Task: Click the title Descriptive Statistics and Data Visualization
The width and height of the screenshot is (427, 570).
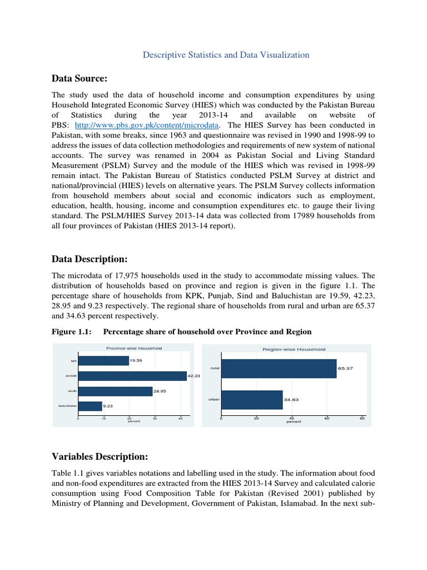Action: pos(226,55)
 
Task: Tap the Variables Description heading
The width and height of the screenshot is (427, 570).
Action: pos(100,457)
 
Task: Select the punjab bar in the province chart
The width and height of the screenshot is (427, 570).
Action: pos(132,376)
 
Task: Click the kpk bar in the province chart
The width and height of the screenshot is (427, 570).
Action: pos(103,361)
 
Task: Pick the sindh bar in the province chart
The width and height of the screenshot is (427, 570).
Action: pos(115,391)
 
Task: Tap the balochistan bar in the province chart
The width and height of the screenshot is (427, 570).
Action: pos(90,406)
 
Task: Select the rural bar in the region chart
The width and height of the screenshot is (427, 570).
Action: pos(279,368)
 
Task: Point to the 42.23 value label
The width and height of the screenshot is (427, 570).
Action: pos(193,377)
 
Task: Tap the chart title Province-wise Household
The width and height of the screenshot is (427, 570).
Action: pos(134,348)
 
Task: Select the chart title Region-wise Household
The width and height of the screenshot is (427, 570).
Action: pos(294,349)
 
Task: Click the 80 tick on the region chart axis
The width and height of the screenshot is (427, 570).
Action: pos(362,417)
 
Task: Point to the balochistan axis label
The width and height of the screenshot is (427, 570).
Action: pos(67,406)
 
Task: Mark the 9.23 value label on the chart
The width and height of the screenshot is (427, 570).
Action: pos(107,407)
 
